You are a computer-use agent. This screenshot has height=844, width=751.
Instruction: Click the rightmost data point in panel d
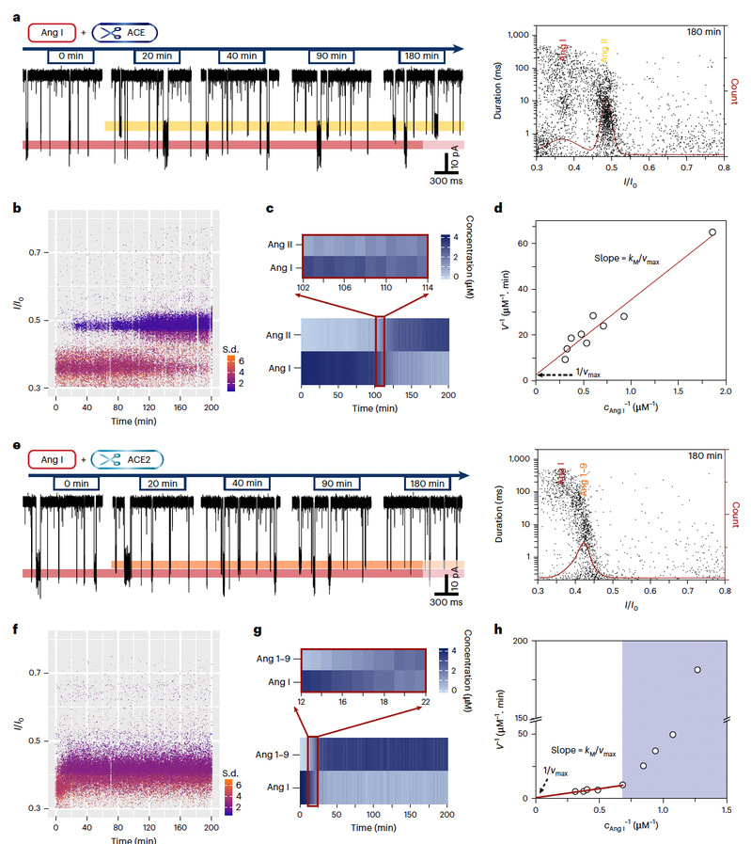tap(712, 232)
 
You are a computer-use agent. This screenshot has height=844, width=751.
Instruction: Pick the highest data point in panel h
tap(696, 669)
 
